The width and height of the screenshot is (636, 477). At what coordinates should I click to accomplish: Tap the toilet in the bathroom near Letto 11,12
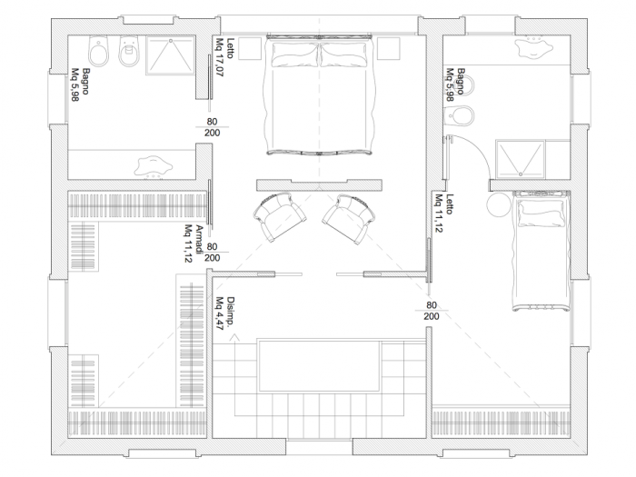point(462,115)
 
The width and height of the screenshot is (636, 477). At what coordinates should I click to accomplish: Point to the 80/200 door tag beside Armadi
point(212,252)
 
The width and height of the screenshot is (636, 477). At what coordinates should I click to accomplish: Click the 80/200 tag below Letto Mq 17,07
point(212,126)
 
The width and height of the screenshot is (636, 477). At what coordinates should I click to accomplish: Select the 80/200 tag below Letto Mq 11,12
point(432,310)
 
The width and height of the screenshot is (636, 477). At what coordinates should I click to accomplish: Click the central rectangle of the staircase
point(319,364)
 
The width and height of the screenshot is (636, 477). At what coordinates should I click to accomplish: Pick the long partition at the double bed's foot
point(318,184)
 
